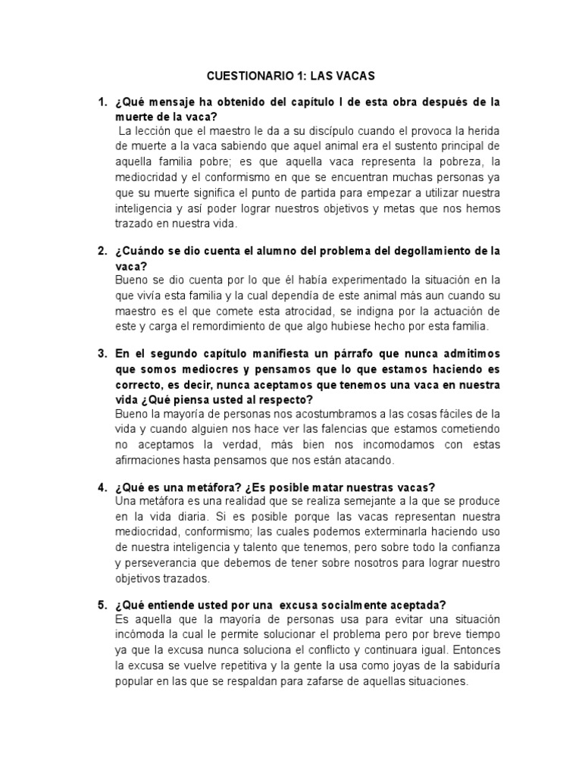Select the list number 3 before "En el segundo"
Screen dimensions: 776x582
(102, 354)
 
